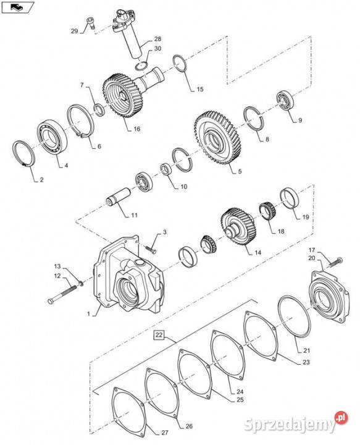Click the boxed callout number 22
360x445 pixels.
click(x=159, y=335)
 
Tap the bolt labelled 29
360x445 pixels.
click(x=90, y=23)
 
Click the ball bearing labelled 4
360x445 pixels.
click(x=52, y=137)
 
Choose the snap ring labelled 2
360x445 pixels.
click(x=24, y=153)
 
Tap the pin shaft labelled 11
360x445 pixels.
click(x=118, y=197)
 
